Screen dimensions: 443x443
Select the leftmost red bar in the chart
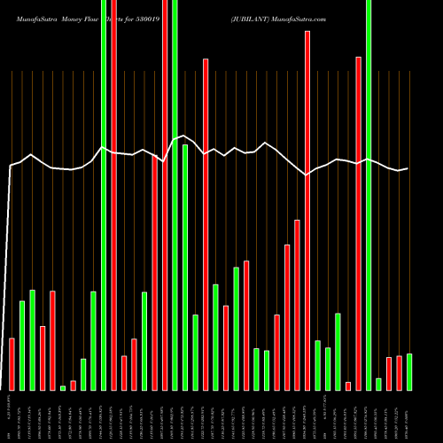(x=12, y=363)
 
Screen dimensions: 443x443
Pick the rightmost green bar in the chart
(x=409, y=372)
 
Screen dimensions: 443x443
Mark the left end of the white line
(x=10, y=166)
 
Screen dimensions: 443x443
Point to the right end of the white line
(x=408, y=168)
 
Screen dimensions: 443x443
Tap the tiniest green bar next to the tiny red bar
(x=63, y=387)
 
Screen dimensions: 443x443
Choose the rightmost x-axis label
(x=409, y=416)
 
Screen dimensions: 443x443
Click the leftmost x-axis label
(x=12, y=416)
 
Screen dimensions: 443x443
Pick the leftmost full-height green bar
(x=104, y=195)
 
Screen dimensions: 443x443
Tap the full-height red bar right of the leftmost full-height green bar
(x=114, y=195)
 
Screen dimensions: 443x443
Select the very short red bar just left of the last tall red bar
(x=348, y=385)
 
